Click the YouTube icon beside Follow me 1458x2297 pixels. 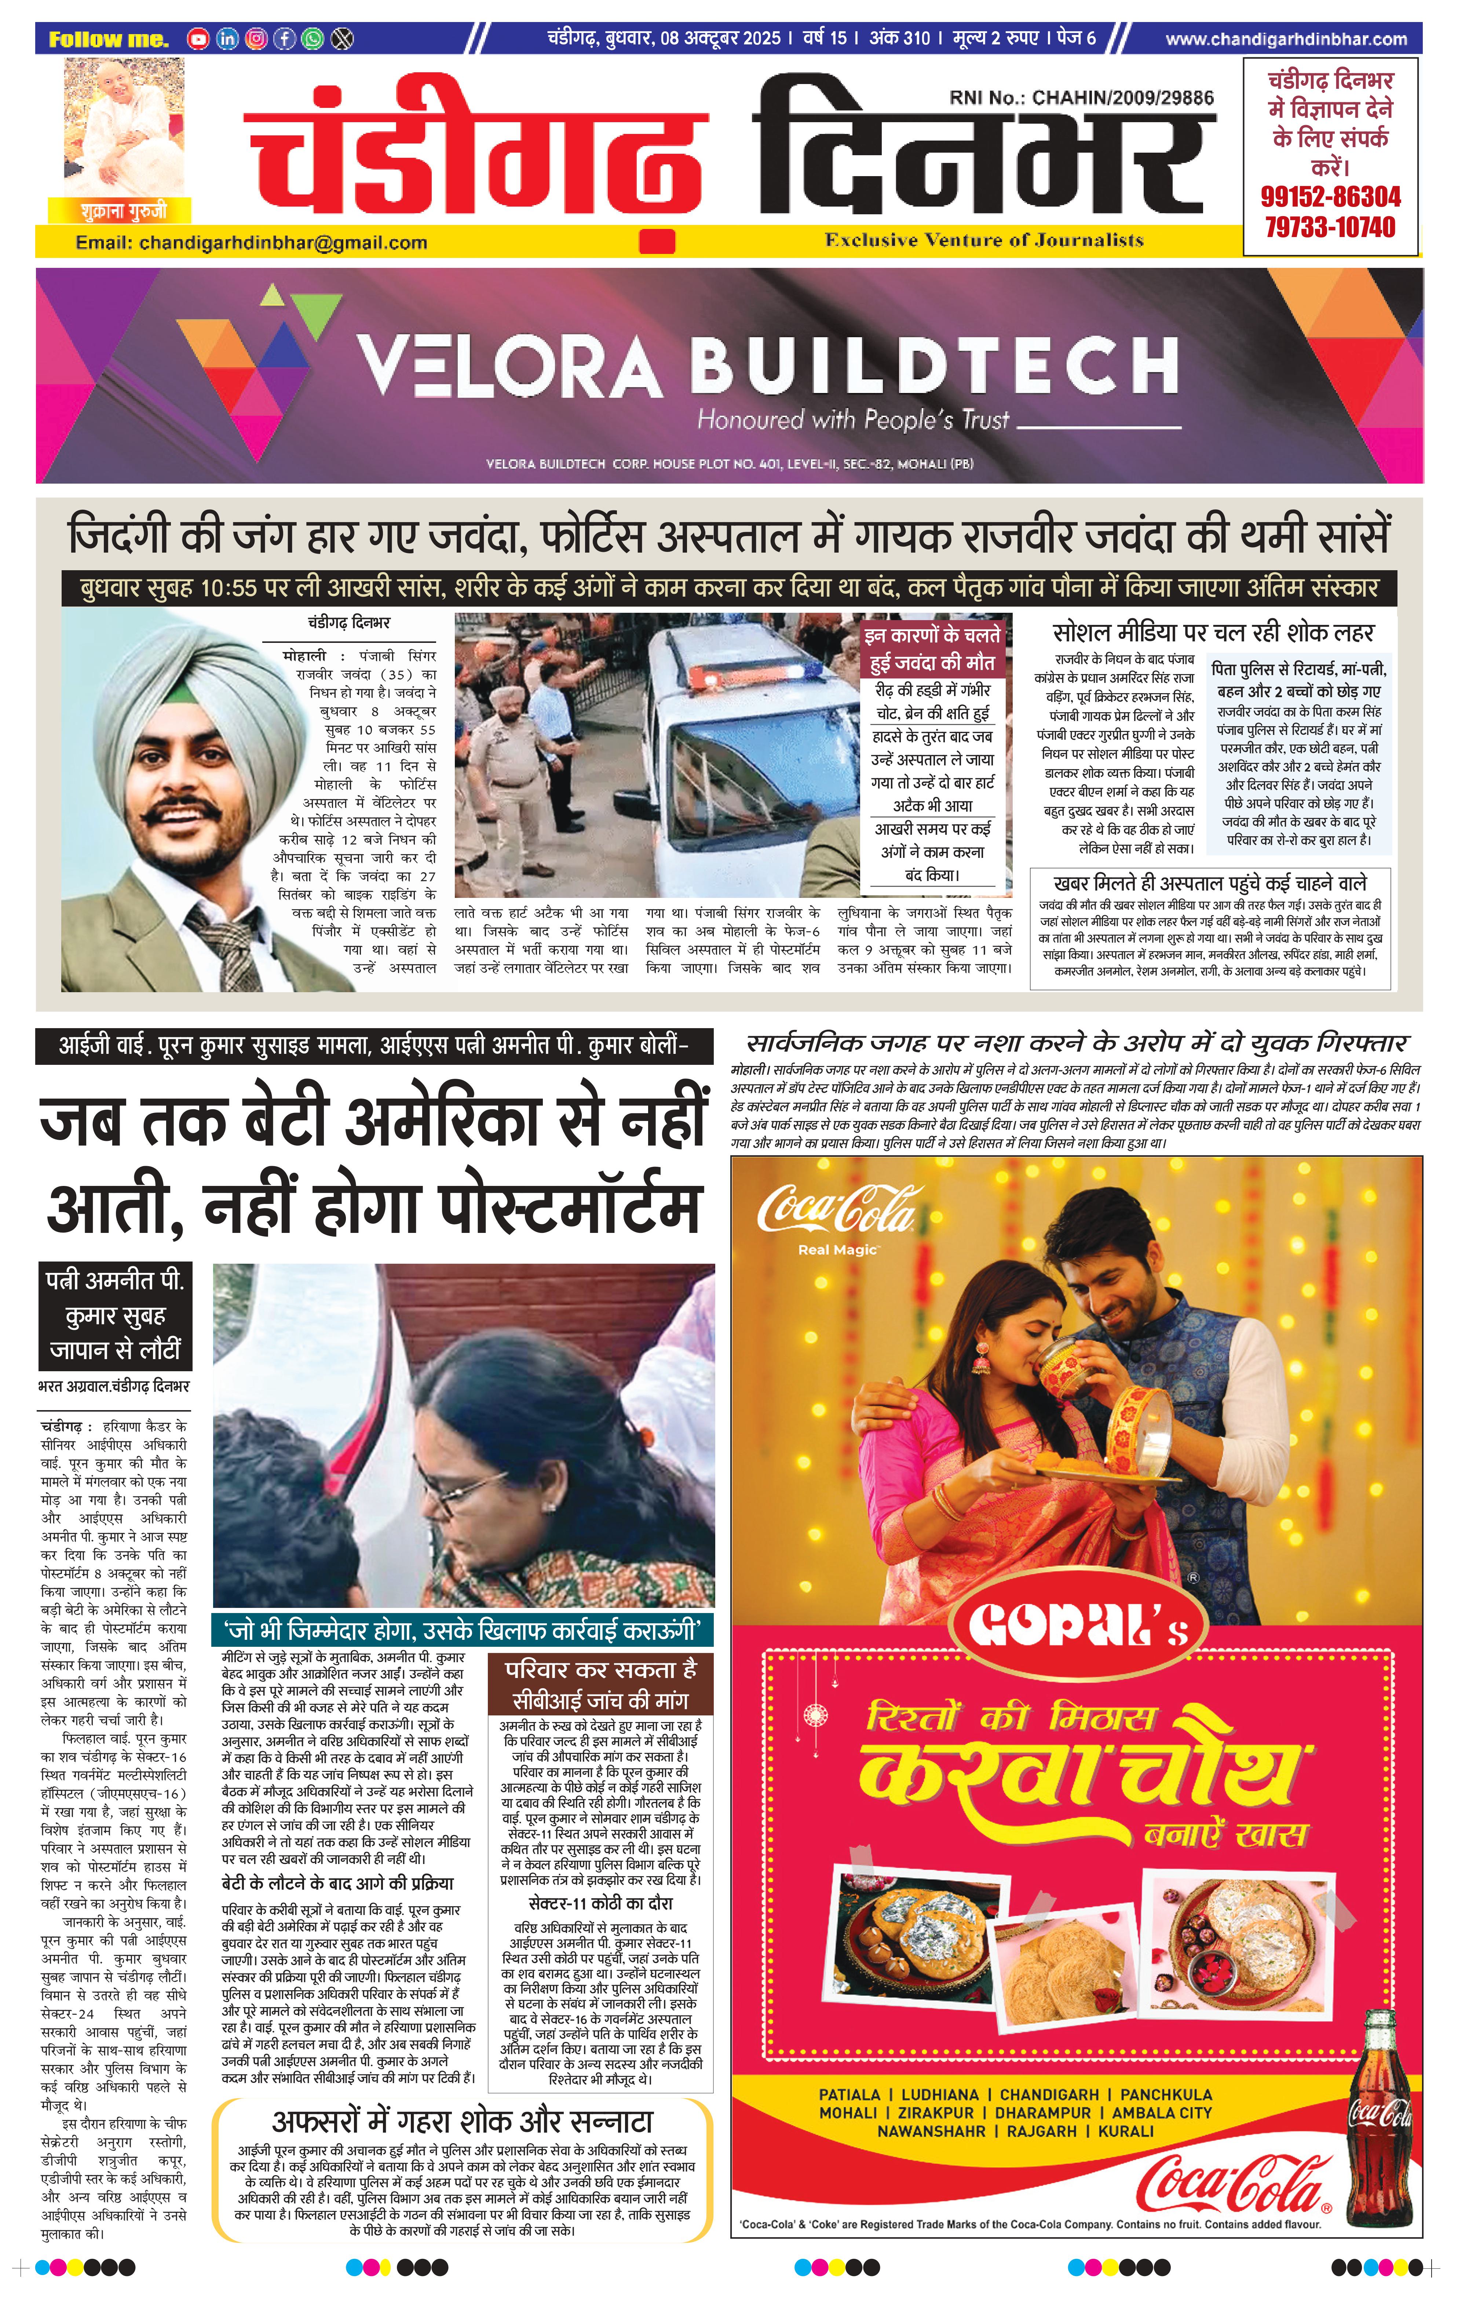click(x=197, y=39)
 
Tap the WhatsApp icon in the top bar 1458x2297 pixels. click(x=312, y=39)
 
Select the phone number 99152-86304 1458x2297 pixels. click(x=1330, y=197)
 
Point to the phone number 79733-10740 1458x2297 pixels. click(x=1330, y=227)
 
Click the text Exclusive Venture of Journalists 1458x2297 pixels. click(x=984, y=240)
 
